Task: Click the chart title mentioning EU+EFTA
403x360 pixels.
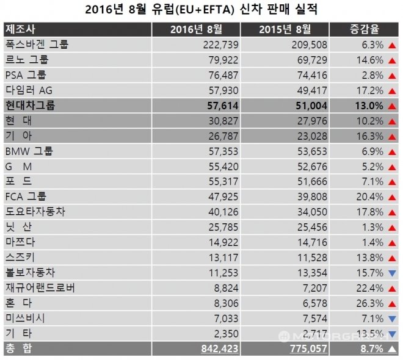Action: (201, 9)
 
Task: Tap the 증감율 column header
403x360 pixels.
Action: (365, 29)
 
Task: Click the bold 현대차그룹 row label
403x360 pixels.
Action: (30, 105)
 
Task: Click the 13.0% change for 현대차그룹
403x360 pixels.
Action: (368, 105)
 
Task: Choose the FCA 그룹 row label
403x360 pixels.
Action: (26, 196)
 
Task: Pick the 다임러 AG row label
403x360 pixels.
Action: (28, 90)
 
